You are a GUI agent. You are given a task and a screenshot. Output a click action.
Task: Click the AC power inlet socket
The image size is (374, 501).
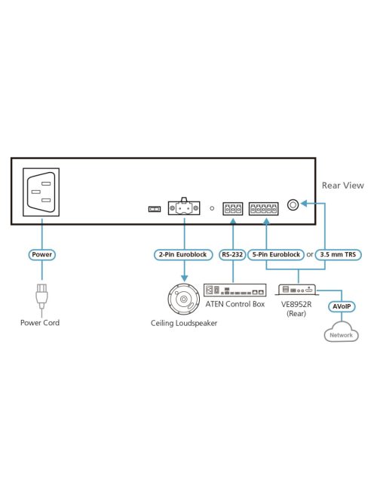41,192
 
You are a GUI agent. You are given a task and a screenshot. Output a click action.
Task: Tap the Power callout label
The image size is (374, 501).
41,255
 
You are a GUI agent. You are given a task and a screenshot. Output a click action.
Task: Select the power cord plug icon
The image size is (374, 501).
41,297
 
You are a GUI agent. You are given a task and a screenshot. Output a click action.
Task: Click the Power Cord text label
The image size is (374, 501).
40,323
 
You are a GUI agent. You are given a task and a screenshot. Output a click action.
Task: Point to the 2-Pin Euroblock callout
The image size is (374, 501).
183,255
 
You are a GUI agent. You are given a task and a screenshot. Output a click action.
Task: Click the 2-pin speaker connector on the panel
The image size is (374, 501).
184,207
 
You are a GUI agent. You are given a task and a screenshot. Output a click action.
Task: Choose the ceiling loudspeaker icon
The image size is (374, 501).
184,299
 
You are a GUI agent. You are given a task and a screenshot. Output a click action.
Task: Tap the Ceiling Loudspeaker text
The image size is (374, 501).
184,324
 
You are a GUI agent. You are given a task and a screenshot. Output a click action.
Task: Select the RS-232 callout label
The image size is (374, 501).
232,255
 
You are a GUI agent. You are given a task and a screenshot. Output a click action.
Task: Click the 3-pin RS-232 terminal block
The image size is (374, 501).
233,209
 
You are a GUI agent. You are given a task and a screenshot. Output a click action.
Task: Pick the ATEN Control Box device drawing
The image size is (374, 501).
235,290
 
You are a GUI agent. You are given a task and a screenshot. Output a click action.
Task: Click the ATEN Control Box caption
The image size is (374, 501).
235,304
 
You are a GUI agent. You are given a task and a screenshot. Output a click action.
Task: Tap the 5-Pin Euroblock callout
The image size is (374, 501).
276,255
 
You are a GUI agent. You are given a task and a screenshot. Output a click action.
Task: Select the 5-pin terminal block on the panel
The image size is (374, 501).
264,209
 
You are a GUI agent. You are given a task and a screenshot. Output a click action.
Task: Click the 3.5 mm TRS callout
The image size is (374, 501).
338,255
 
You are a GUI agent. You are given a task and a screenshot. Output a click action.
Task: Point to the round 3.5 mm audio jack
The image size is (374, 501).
293,204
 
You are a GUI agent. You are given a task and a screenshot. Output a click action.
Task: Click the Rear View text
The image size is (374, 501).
342,186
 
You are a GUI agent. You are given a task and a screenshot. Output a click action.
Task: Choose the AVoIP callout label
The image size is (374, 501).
342,307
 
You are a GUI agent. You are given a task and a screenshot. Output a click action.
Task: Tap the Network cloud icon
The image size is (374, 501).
341,332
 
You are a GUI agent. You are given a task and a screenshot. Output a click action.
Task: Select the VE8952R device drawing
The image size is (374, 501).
296,290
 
